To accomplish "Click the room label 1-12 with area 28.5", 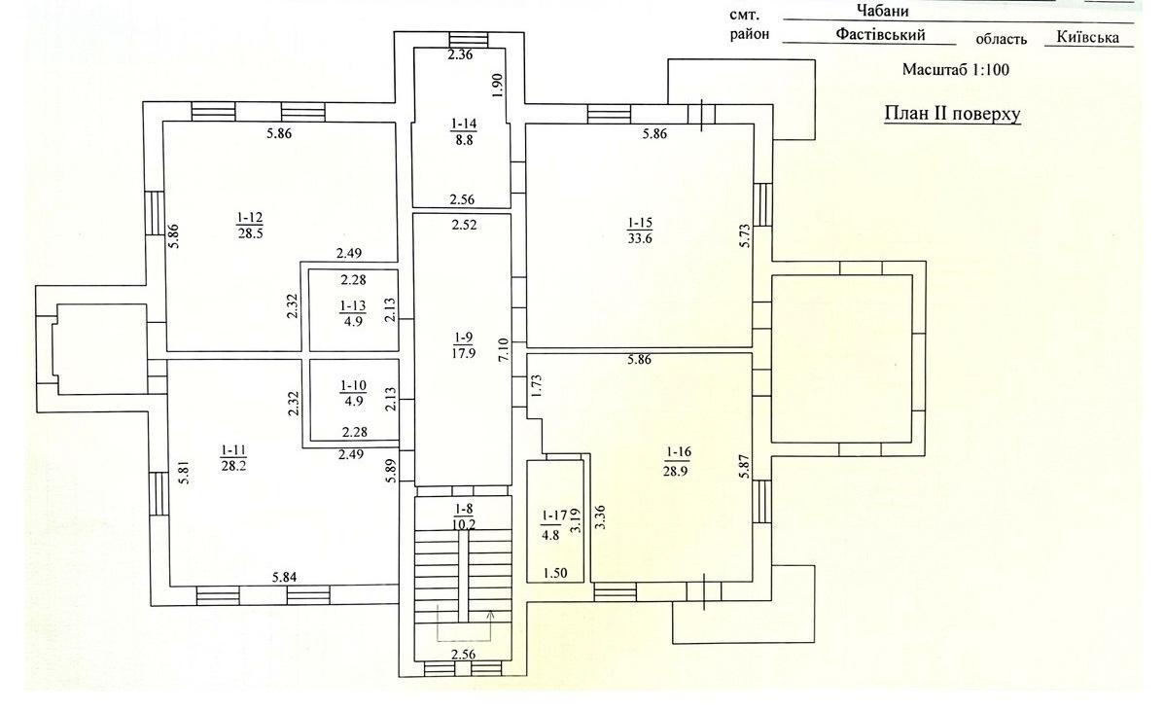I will (249, 224).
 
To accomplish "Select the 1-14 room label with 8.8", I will (463, 131).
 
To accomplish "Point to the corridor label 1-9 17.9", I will (463, 345).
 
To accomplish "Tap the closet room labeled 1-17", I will (552, 524).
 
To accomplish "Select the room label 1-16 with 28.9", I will (679, 459).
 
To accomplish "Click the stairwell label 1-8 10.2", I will (462, 515).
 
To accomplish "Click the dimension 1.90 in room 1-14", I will (497, 85).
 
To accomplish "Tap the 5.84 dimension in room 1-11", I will (284, 579).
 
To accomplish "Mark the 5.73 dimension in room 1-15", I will (745, 236).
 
